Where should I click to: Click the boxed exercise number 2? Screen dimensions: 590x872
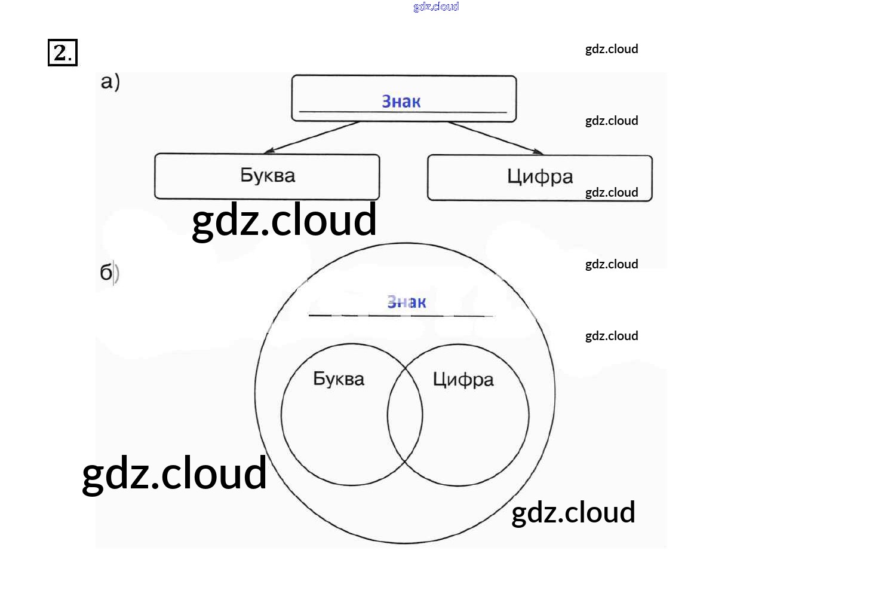62,53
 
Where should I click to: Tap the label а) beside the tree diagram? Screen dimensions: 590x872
110,81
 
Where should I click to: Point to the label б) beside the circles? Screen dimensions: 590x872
109,273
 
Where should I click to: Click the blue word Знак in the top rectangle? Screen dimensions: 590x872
401,102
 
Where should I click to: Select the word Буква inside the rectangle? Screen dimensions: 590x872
268,175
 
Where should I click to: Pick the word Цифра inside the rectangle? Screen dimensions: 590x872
540,176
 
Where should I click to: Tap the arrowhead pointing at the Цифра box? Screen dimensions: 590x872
537,151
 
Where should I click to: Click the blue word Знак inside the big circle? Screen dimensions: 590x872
407,302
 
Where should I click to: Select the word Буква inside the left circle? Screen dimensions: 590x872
339,379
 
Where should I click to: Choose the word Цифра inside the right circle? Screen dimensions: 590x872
463,380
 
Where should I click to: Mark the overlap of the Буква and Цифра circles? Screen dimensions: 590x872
405,415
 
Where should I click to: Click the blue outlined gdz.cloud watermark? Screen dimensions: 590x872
436,7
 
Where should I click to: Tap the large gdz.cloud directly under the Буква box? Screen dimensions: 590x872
284,221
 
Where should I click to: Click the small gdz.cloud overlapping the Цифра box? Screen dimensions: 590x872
612,192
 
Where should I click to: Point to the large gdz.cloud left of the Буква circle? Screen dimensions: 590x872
174,473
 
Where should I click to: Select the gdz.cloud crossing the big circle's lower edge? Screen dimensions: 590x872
573,513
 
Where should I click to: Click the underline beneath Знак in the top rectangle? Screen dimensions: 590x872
403,112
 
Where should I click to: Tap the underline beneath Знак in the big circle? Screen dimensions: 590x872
401,315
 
